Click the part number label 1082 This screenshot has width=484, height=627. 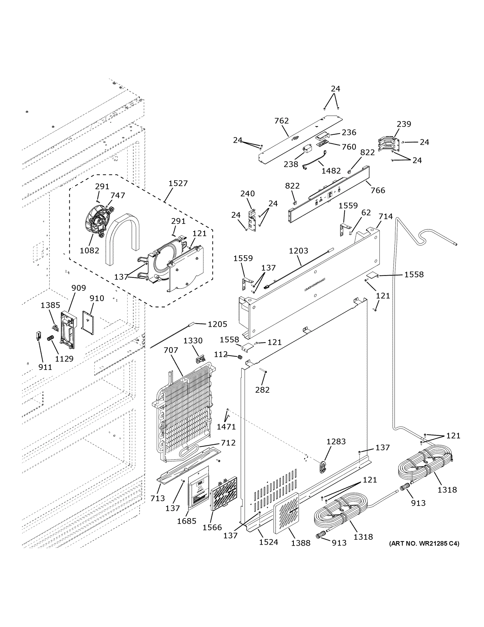pos(89,251)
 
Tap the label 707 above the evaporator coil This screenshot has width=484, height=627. pos(171,350)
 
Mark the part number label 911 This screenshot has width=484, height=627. pos(45,367)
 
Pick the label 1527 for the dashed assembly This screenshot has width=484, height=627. pos(178,183)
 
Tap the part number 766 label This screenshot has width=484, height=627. pos(378,190)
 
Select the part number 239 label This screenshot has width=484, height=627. pos(404,124)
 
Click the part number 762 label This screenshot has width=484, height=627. pos(281,121)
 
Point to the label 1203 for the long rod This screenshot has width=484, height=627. pos(298,251)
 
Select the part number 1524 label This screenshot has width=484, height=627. pos(268,542)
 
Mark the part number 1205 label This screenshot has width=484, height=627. pos(217,324)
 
